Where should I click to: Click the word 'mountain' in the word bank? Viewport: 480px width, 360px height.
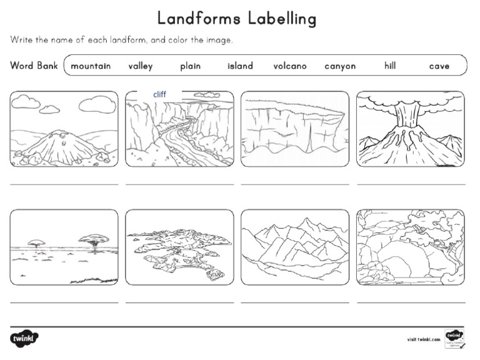(x=91, y=66)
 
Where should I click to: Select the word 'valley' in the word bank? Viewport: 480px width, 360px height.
(x=141, y=66)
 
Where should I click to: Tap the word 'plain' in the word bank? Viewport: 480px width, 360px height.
(x=190, y=66)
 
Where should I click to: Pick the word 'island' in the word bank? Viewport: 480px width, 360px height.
(x=240, y=66)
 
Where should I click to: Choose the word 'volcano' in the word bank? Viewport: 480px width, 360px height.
(x=290, y=66)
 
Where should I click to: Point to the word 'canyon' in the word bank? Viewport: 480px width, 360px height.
(x=340, y=66)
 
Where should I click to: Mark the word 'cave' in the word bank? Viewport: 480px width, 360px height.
(x=439, y=66)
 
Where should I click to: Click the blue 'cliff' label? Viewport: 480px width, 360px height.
(x=159, y=95)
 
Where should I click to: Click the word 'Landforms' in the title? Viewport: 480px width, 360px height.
(x=194, y=18)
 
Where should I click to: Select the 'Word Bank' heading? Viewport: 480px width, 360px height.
(x=34, y=65)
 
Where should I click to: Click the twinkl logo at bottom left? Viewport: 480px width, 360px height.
(x=24, y=339)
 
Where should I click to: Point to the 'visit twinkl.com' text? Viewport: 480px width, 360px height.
(x=423, y=339)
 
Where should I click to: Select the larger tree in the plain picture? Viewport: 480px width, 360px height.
(x=94, y=239)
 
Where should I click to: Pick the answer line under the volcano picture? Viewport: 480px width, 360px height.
(x=411, y=184)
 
